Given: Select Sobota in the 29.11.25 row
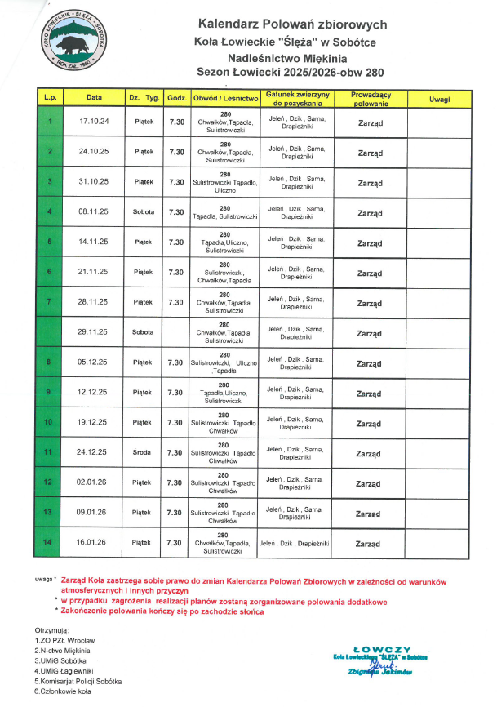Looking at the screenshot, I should (x=144, y=332).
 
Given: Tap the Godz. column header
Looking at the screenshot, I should (x=176, y=99).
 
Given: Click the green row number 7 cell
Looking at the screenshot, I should (x=50, y=302).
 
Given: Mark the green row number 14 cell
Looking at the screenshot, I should (x=50, y=542).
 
